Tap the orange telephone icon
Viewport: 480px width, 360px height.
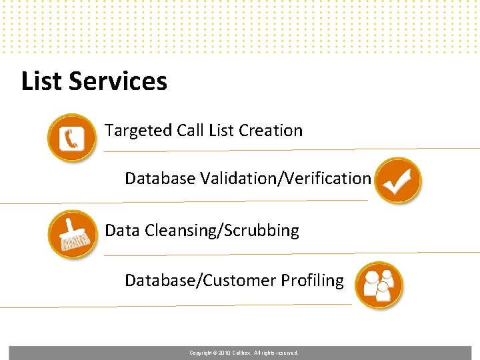(x=71, y=137)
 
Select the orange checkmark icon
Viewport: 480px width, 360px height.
(x=397, y=180)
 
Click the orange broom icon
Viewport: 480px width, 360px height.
(x=71, y=233)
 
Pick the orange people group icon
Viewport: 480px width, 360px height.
(x=379, y=285)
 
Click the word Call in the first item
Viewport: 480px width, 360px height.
(x=191, y=131)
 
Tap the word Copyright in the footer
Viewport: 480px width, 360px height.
(x=201, y=353)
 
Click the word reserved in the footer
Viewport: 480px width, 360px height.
(x=287, y=353)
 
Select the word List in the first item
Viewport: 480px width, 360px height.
(x=221, y=131)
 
